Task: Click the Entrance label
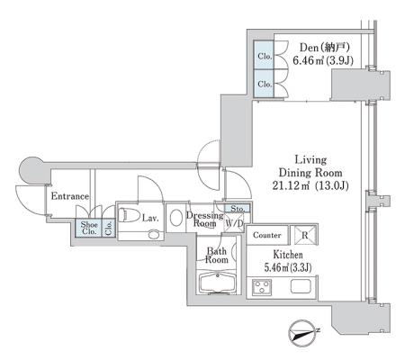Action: pos(70,196)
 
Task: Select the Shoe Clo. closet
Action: pos(88,229)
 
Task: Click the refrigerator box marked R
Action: pos(304,235)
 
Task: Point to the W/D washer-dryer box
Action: pos(234,222)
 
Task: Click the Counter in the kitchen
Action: pos(267,235)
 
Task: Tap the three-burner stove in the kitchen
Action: pos(262,286)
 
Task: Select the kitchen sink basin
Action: pos(301,286)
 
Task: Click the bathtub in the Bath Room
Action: pos(217,283)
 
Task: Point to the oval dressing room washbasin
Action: pos(176,218)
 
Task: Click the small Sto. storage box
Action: pos(238,208)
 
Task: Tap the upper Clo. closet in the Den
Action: pos(264,56)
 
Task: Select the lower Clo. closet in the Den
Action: pos(264,84)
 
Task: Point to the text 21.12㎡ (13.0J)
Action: pos(310,186)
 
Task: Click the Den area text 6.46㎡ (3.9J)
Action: pos(323,61)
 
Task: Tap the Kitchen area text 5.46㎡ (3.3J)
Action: pos(288,266)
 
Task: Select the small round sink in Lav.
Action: pos(154,234)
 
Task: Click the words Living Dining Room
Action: pos(310,166)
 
